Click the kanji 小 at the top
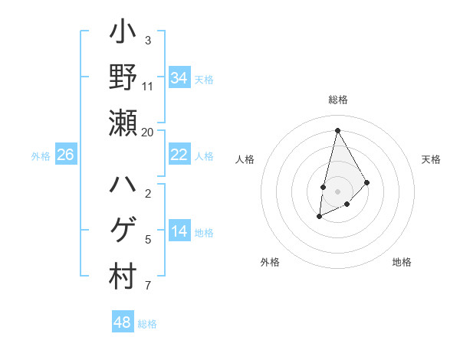point(123,34)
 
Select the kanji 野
point(123,78)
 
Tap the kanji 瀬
point(123,123)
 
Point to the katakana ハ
point(123,185)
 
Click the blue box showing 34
point(179,78)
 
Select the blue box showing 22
point(179,155)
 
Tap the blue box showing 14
point(179,231)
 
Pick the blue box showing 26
point(65,155)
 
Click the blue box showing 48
point(122,322)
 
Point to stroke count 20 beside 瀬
point(148,132)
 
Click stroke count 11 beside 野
point(148,86)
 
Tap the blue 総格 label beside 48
point(148,324)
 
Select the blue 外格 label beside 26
point(41,156)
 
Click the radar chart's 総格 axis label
point(337,100)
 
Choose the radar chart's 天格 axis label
point(432,159)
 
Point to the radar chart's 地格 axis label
point(402,262)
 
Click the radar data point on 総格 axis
point(337,129)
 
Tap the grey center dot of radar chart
point(337,180)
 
